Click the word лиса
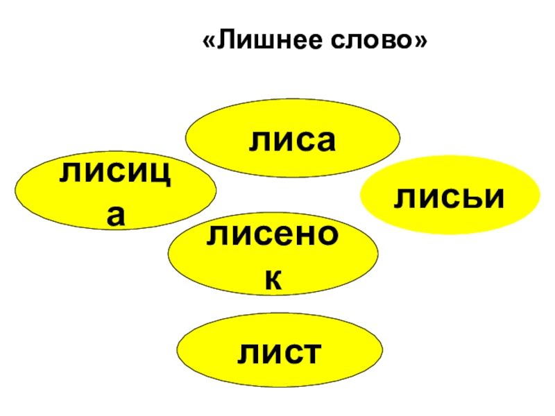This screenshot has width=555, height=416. coord(295,142)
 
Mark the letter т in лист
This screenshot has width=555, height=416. coord(309,352)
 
